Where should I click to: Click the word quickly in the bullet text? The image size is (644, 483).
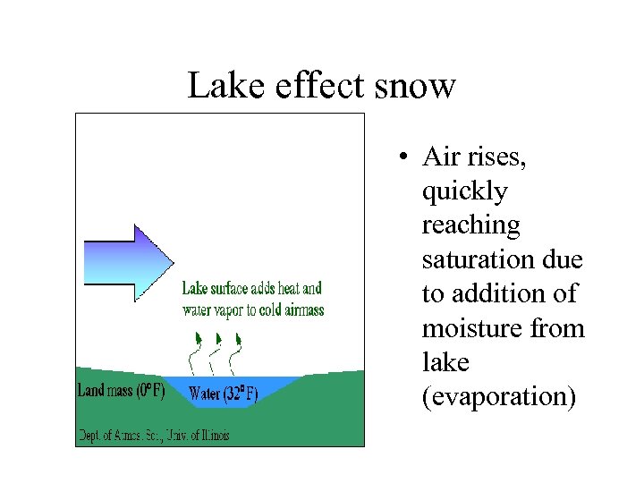pyautogui.click(x=464, y=192)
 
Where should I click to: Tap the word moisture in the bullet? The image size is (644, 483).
pyautogui.click(x=470, y=329)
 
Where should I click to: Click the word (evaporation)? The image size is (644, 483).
pyautogui.click(x=498, y=397)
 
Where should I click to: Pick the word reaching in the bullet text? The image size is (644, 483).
pyautogui.click(x=470, y=226)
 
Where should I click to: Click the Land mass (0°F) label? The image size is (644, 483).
pyautogui.click(x=121, y=391)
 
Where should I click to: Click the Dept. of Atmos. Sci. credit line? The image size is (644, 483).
pyautogui.click(x=153, y=436)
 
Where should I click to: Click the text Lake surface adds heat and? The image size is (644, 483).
pyautogui.click(x=251, y=289)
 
